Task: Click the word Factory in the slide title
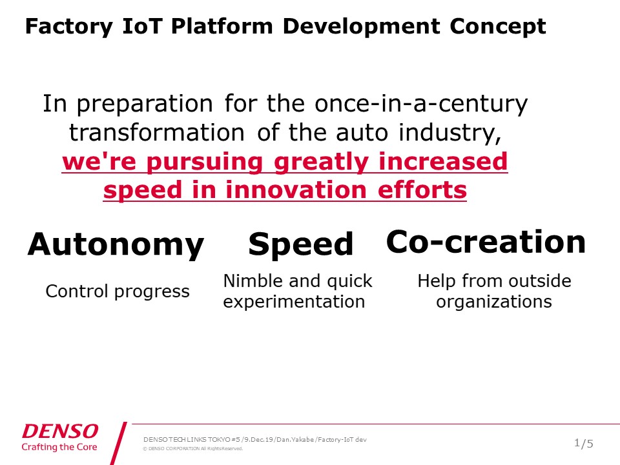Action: tap(69, 27)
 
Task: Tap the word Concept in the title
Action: tap(498, 27)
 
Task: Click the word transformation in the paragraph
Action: tap(157, 132)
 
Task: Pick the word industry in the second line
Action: tap(449, 133)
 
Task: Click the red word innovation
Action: tap(296, 190)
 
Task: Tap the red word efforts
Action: tap(422, 190)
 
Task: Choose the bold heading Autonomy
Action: tap(116, 245)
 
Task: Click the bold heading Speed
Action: tap(300, 244)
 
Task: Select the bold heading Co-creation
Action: tap(486, 242)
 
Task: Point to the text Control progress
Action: tap(118, 292)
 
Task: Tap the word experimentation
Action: tap(294, 302)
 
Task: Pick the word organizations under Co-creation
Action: tap(494, 302)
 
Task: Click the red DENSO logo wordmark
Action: tap(60, 431)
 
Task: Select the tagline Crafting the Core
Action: tap(59, 447)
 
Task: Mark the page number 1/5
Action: tap(584, 444)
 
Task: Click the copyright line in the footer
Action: tap(193, 449)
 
